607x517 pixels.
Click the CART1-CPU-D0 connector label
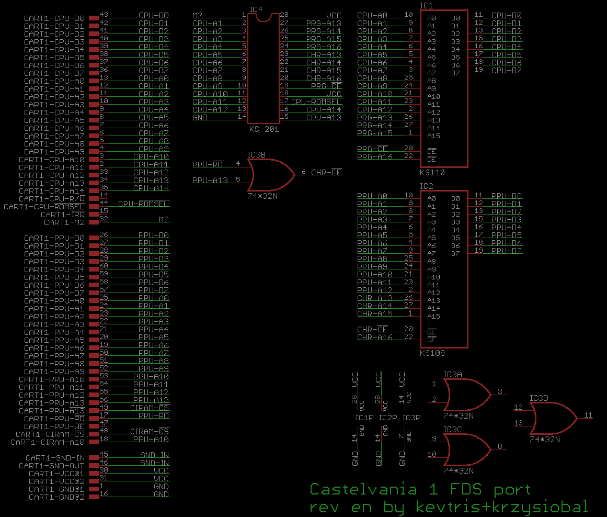tap(54, 18)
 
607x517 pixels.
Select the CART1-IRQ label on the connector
tap(63, 215)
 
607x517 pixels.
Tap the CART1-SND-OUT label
tap(52, 466)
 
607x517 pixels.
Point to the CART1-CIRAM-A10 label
tap(48, 442)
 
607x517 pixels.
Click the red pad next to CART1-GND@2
tap(94, 497)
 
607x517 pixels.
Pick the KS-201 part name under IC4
tap(264, 129)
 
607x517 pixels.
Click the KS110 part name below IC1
tap(432, 172)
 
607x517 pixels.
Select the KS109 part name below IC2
tap(432, 353)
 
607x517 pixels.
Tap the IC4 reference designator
tap(256, 9)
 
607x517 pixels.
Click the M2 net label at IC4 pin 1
tap(198, 15)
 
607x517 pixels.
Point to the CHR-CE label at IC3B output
tap(326, 172)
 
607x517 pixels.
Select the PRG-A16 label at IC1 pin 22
tap(374, 156)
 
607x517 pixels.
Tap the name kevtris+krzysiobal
tap(501, 507)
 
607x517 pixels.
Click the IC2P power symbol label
tap(388, 418)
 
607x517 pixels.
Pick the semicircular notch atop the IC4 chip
tap(264, 18)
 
